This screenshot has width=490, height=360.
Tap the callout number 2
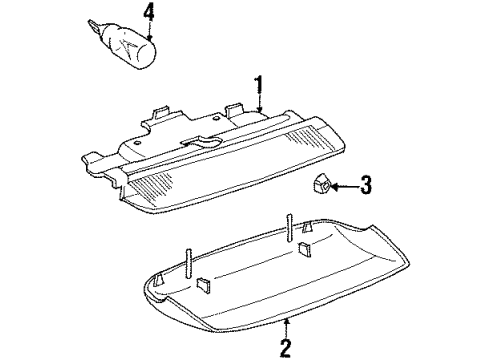point(285,347)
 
